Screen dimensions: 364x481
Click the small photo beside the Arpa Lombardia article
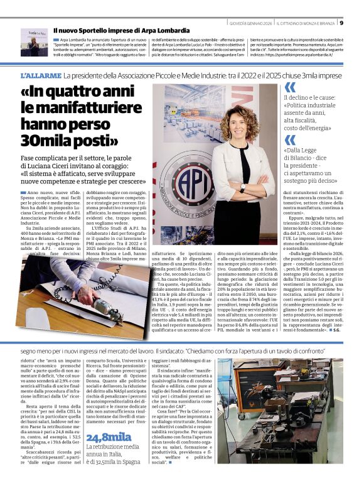pyautogui.click(x=34, y=42)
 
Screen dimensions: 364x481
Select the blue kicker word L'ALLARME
pyautogui.click(x=40, y=75)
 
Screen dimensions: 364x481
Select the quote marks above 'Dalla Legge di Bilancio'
pyautogui.click(x=289, y=138)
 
